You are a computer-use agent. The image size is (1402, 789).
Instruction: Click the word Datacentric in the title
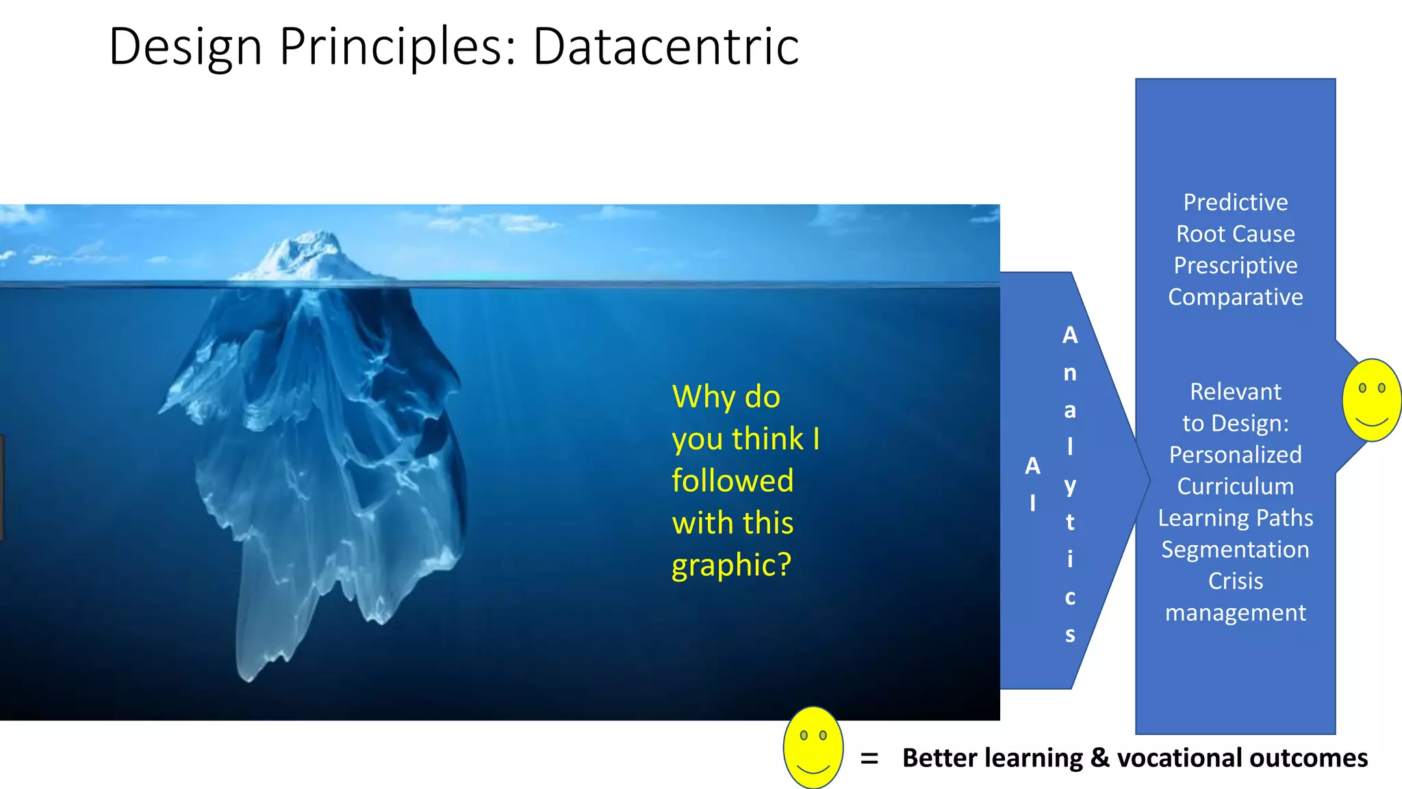(x=665, y=47)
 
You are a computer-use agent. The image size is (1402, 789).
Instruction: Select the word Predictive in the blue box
(x=1236, y=202)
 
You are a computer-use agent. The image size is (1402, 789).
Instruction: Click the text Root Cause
(x=1236, y=234)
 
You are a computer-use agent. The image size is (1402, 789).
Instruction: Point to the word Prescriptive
(x=1236, y=265)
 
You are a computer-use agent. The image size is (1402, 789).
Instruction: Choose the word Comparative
(x=1236, y=297)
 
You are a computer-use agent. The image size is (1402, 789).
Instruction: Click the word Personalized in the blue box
(x=1236, y=455)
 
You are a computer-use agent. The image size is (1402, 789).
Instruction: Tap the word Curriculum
(x=1236, y=486)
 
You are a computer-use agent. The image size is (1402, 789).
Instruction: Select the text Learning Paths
(x=1236, y=518)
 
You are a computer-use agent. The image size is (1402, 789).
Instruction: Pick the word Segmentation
(x=1236, y=549)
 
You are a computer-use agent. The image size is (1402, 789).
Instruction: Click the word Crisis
(x=1236, y=581)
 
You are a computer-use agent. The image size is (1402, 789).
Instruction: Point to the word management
(x=1236, y=612)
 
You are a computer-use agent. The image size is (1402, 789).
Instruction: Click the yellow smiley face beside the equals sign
(x=813, y=748)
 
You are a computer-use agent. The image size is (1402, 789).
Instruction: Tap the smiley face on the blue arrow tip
(x=1371, y=400)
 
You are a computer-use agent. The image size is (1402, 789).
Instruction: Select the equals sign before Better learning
(x=869, y=759)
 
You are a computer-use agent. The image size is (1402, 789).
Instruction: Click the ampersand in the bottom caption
(x=1099, y=758)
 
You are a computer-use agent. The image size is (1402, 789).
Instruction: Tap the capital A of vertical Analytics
(x=1070, y=335)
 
